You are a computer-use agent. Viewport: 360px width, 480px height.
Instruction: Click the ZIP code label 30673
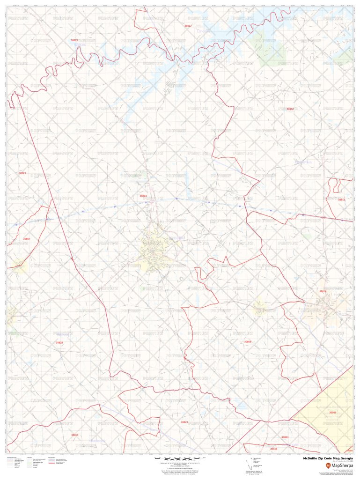pyautogui.click(x=74, y=40)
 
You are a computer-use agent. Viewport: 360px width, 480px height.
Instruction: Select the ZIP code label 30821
pyautogui.click(x=22, y=173)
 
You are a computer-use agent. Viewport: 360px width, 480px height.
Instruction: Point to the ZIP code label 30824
pyautogui.click(x=143, y=196)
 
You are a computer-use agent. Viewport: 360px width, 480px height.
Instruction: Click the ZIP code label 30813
pyautogui.click(x=341, y=199)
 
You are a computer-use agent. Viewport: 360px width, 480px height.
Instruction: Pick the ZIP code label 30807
pyautogui.click(x=27, y=239)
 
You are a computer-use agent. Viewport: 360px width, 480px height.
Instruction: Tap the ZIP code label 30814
pyautogui.click(x=323, y=291)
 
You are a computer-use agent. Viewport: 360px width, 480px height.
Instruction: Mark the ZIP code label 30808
pyautogui.click(x=248, y=342)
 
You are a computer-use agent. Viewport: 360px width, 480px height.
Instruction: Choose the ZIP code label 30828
pyautogui.click(x=59, y=343)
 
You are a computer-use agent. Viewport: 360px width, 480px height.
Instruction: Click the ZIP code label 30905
pyautogui.click(x=333, y=413)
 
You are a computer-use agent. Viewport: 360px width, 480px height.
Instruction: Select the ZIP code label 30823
pyautogui.click(x=184, y=422)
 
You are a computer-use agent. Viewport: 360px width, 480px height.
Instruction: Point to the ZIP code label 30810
pyautogui.click(x=75, y=435)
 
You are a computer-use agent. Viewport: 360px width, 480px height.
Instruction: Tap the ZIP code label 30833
pyautogui.click(x=285, y=437)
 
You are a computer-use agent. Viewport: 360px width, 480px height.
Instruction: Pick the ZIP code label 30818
pyautogui.click(x=274, y=449)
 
